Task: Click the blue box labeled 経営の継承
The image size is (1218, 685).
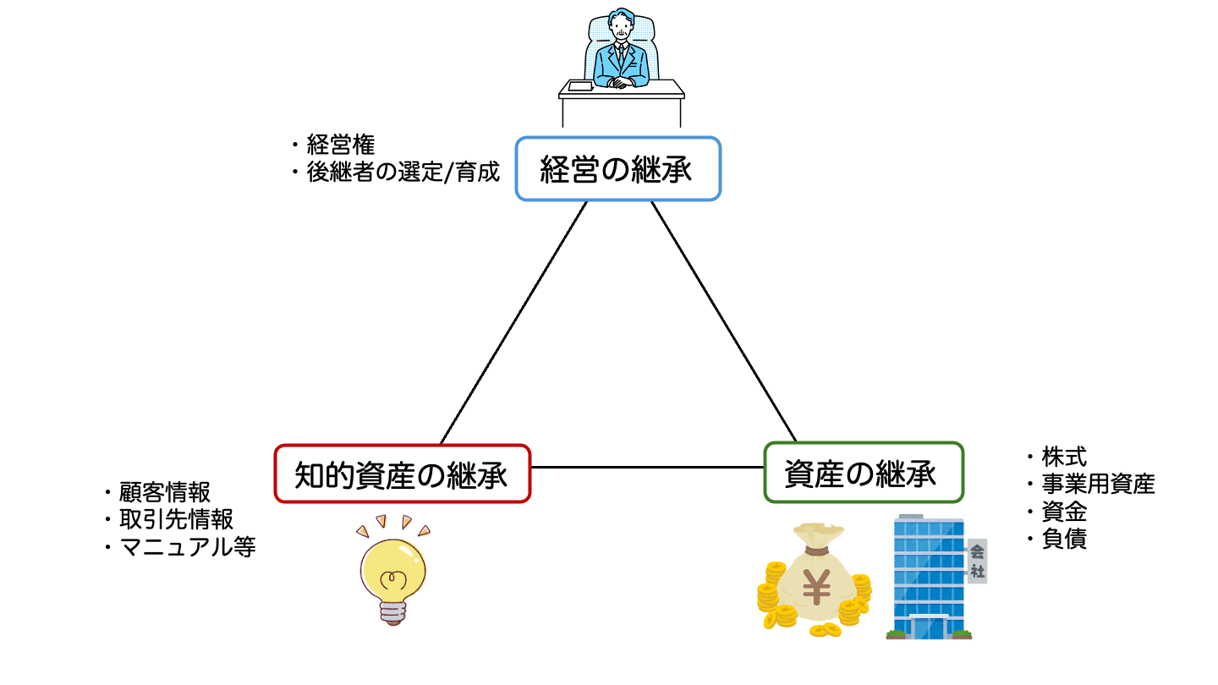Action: [617, 169]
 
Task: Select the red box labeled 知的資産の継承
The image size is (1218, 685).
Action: [402, 474]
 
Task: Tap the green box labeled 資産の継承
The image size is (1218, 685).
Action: [863, 472]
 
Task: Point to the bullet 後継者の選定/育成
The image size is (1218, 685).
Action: [403, 173]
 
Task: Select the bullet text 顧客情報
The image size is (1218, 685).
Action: [164, 492]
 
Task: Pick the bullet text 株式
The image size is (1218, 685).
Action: [1064, 458]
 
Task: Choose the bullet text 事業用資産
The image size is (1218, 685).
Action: [1098, 485]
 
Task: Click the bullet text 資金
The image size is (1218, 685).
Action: [1064, 512]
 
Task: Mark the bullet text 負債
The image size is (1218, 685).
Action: [1064, 539]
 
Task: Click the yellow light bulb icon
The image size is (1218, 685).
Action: [392, 575]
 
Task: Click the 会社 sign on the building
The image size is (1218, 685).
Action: [977, 561]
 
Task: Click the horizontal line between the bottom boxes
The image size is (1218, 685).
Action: [647, 467]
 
